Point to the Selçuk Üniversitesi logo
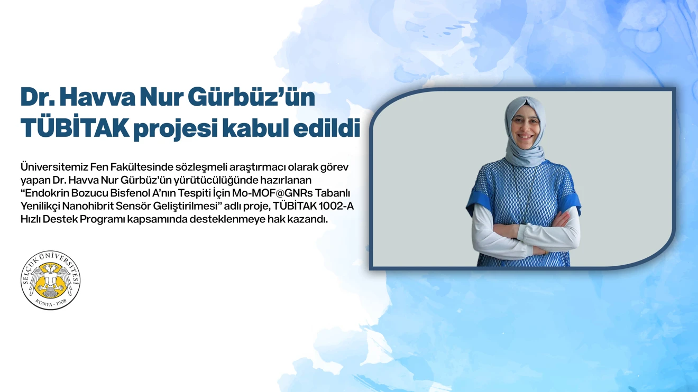(51, 280)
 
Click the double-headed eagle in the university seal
(51, 279)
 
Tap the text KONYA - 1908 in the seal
(51, 303)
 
